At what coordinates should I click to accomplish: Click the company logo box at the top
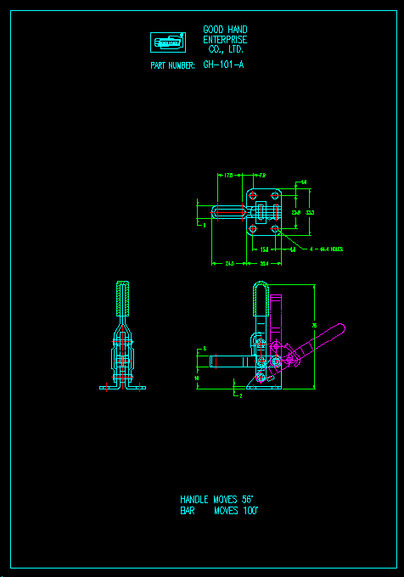[167, 42]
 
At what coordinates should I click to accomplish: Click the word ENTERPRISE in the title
[225, 40]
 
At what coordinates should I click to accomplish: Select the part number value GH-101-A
[223, 64]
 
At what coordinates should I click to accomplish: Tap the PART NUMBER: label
[172, 65]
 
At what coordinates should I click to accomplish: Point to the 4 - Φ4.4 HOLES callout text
[327, 249]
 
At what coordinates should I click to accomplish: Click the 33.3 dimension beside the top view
[311, 212]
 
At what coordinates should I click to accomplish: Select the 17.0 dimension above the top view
[230, 176]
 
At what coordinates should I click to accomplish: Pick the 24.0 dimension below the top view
[230, 264]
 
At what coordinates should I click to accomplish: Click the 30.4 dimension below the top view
[264, 264]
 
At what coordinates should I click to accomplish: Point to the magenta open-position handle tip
[339, 328]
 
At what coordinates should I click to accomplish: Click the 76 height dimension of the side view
[314, 325]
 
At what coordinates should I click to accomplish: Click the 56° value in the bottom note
[248, 500]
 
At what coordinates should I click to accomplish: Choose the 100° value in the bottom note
[249, 511]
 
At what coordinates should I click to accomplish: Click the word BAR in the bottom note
[188, 511]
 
